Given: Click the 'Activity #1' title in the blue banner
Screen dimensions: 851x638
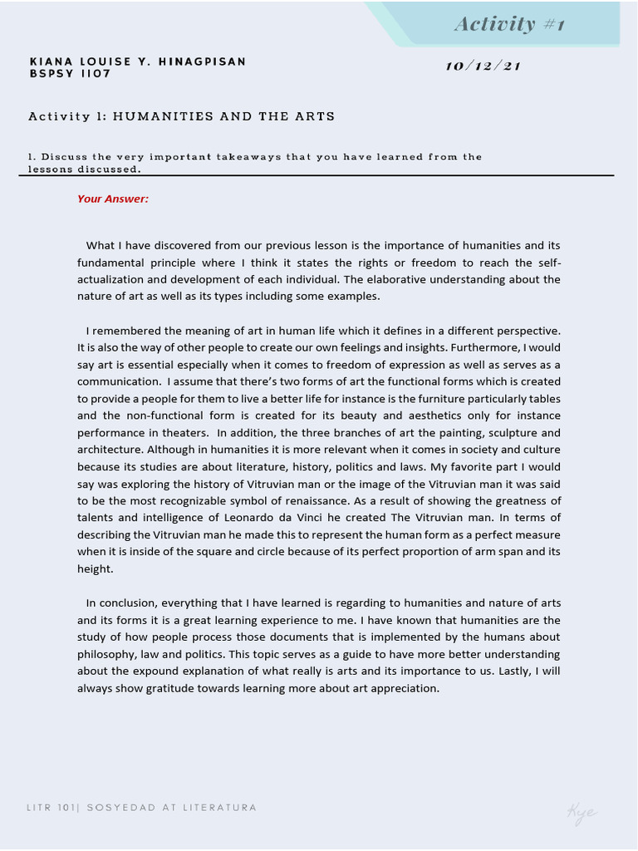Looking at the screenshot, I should click(509, 24).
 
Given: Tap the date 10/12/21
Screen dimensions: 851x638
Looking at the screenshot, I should click(483, 66).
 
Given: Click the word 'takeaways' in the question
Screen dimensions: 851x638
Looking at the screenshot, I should click(248, 156).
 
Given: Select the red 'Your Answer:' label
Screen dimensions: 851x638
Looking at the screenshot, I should click(113, 199).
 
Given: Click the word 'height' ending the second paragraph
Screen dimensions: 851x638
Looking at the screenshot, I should click(94, 568).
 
